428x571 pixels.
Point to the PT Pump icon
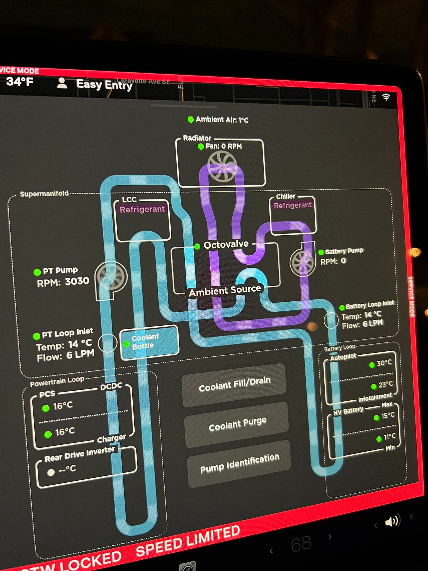click(111, 276)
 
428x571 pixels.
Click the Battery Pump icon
click(302, 262)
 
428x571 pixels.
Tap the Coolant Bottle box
click(149, 342)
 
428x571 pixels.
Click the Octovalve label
click(226, 245)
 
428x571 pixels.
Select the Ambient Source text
click(225, 291)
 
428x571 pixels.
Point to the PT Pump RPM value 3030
click(77, 281)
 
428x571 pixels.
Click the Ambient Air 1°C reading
click(222, 120)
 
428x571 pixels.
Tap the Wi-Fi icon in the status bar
click(386, 97)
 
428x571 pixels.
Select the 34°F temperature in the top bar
click(20, 82)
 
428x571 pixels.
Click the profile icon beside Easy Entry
click(62, 83)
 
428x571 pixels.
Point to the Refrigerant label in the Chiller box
click(293, 205)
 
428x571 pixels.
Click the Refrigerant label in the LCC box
click(142, 209)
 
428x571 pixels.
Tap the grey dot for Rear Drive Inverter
click(51, 472)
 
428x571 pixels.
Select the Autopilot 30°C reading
click(384, 363)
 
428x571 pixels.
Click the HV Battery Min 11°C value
click(389, 437)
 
